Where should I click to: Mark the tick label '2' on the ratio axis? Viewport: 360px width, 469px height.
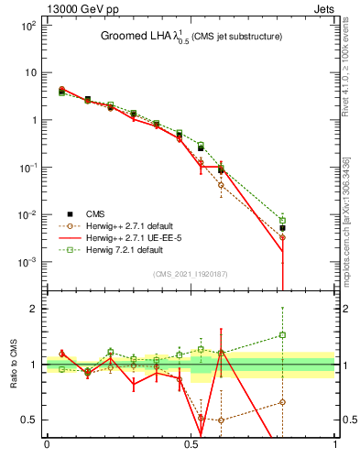coord(32,309)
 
